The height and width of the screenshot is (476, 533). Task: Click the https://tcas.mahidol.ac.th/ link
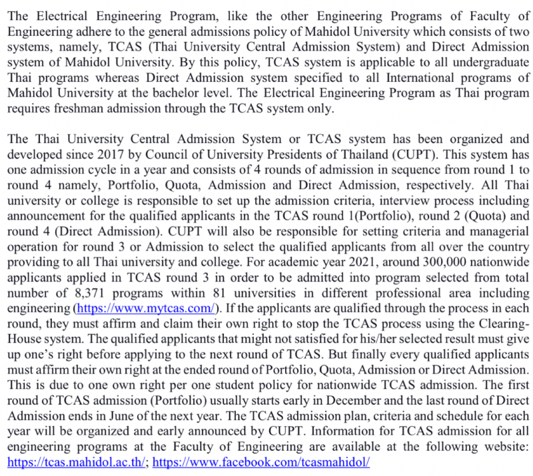(x=77, y=461)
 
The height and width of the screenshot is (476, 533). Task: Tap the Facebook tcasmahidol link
(x=261, y=461)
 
